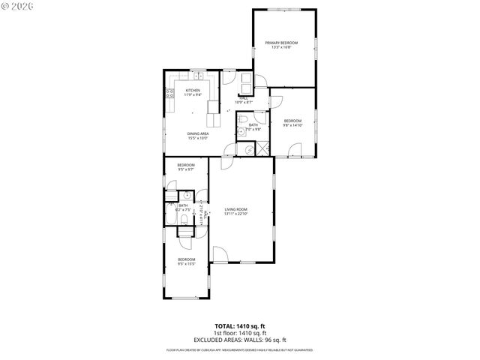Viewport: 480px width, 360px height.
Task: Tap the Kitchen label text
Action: tap(193, 91)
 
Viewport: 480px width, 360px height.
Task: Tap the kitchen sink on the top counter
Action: tap(198, 76)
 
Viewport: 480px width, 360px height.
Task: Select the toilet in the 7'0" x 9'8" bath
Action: tap(241, 120)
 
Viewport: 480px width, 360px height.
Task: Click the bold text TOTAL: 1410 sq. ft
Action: tap(239, 327)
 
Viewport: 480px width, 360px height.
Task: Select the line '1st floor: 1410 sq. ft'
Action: tap(239, 333)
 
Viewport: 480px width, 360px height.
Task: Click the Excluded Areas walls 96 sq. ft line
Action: tap(239, 339)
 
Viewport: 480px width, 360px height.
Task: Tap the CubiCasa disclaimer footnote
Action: tap(239, 349)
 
